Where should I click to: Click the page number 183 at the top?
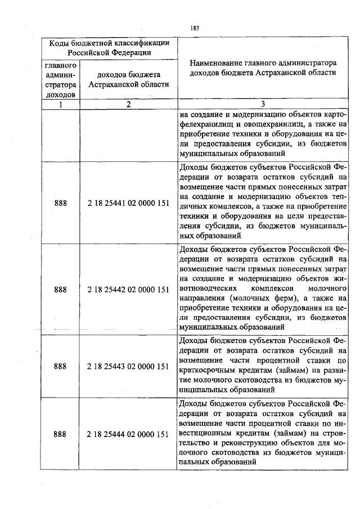click(195, 28)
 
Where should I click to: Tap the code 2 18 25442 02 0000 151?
click(128, 290)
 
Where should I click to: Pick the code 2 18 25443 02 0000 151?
click(128, 366)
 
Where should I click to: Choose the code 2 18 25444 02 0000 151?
click(128, 434)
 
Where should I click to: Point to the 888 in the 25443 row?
click(60, 366)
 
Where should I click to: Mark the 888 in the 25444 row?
click(60, 434)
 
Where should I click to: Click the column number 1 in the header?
click(60, 104)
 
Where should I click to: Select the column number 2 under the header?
click(128, 104)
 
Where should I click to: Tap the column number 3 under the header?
click(262, 104)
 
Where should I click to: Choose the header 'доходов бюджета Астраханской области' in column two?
click(128, 79)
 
